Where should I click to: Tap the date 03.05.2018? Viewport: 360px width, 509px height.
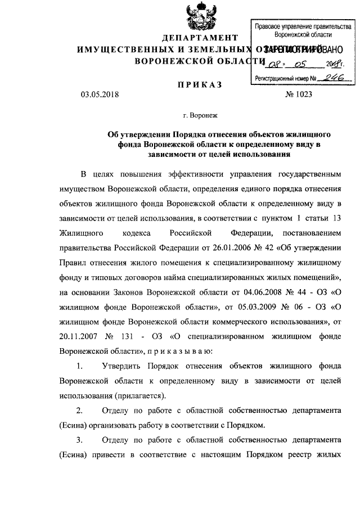pos(101,94)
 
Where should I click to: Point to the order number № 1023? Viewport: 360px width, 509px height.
pos(299,94)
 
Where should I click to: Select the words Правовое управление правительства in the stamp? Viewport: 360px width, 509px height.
pos(303,26)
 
